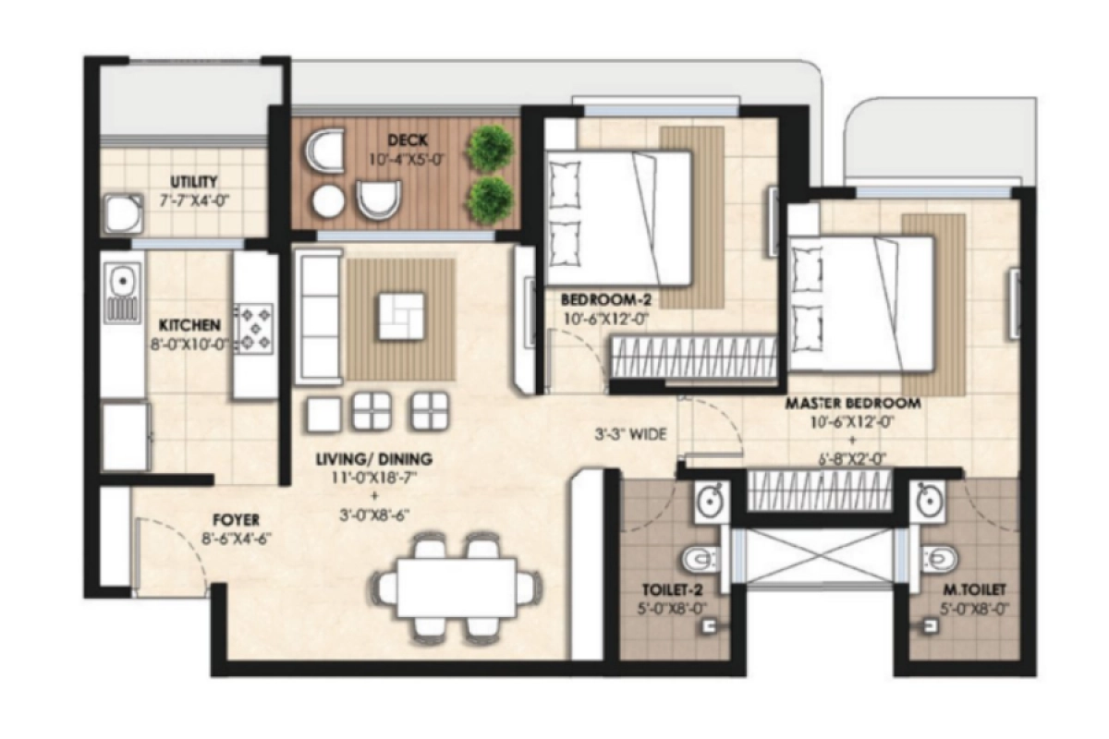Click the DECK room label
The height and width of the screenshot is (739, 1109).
[405, 140]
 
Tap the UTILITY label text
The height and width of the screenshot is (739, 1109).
[194, 182]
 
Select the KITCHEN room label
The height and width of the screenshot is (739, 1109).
[189, 325]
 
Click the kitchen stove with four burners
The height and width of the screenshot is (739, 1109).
[253, 328]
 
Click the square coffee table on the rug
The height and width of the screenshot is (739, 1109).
[401, 317]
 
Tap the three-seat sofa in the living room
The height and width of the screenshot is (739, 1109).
[317, 317]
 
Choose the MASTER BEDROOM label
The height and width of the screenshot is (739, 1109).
[852, 404]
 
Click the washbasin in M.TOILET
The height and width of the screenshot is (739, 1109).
[931, 502]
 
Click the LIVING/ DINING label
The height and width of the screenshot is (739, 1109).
[373, 459]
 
